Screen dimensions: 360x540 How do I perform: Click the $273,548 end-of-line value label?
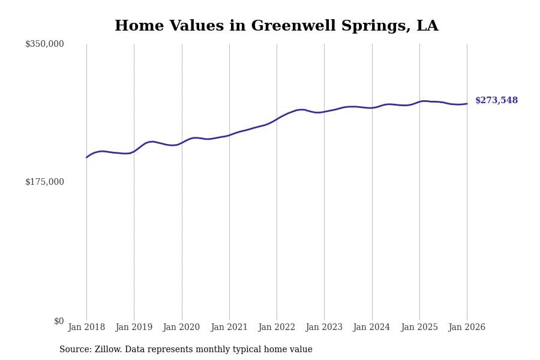click(496, 101)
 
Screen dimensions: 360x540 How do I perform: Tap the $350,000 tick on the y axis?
click(44, 44)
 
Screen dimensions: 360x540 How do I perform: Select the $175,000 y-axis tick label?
click(44, 182)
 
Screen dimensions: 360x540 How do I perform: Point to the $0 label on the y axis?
click(59, 321)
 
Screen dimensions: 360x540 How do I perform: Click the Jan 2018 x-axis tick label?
click(86, 328)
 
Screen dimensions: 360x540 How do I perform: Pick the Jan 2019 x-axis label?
click(134, 328)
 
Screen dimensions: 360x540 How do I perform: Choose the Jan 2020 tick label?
click(181, 328)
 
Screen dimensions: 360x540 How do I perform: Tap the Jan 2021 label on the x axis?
click(229, 328)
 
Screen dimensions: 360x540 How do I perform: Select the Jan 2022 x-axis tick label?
click(277, 328)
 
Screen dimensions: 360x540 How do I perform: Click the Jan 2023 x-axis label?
click(324, 328)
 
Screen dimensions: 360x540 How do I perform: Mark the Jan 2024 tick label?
click(371, 328)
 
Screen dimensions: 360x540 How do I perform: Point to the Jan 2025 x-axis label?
click(419, 328)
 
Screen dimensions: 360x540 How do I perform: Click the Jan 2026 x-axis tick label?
click(467, 328)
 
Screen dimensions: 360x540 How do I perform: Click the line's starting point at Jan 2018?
click(86, 157)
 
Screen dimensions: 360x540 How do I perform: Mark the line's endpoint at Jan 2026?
click(467, 104)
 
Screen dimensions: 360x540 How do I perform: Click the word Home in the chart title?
click(134, 26)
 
